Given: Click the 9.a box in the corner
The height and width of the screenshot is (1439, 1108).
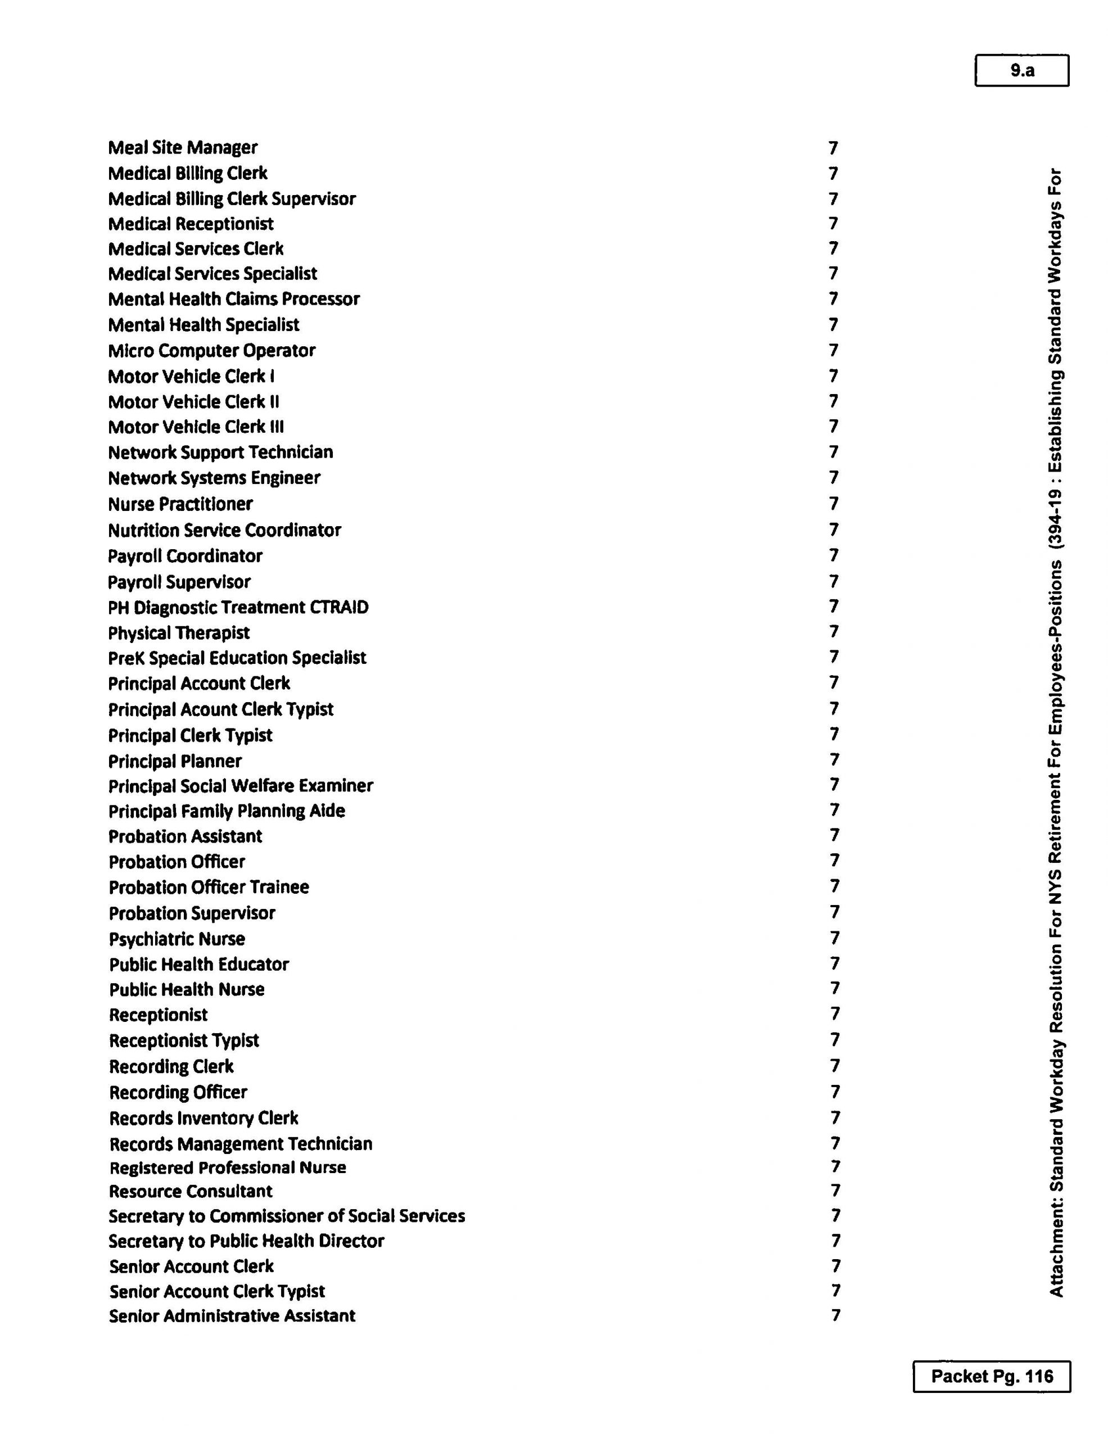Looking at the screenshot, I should point(1021,70).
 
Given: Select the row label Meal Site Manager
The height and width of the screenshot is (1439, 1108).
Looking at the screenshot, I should point(183,148).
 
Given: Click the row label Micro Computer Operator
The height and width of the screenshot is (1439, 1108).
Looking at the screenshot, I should point(211,351).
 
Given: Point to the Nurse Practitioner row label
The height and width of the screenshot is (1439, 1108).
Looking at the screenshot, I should point(180,504).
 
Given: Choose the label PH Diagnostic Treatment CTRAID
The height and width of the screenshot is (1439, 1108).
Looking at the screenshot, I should point(238,607).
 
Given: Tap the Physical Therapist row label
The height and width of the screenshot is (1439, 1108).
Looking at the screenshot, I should point(179,632).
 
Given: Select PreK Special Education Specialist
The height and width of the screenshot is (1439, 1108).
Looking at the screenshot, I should point(237,658).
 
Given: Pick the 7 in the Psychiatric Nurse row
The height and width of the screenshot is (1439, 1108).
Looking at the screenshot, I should point(835,938).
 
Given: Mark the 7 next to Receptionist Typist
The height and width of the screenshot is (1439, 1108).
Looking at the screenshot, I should point(835,1040).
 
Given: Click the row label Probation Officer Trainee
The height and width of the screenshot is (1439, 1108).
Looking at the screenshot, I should point(209,887).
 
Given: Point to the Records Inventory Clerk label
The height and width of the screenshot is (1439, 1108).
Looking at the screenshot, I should point(203,1118).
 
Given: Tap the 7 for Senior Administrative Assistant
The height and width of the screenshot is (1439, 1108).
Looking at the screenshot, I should point(835,1315).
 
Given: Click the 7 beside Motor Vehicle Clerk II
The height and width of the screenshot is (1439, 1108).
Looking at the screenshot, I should point(833,401).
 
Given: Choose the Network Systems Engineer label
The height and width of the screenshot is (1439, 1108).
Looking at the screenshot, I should point(214,478).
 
